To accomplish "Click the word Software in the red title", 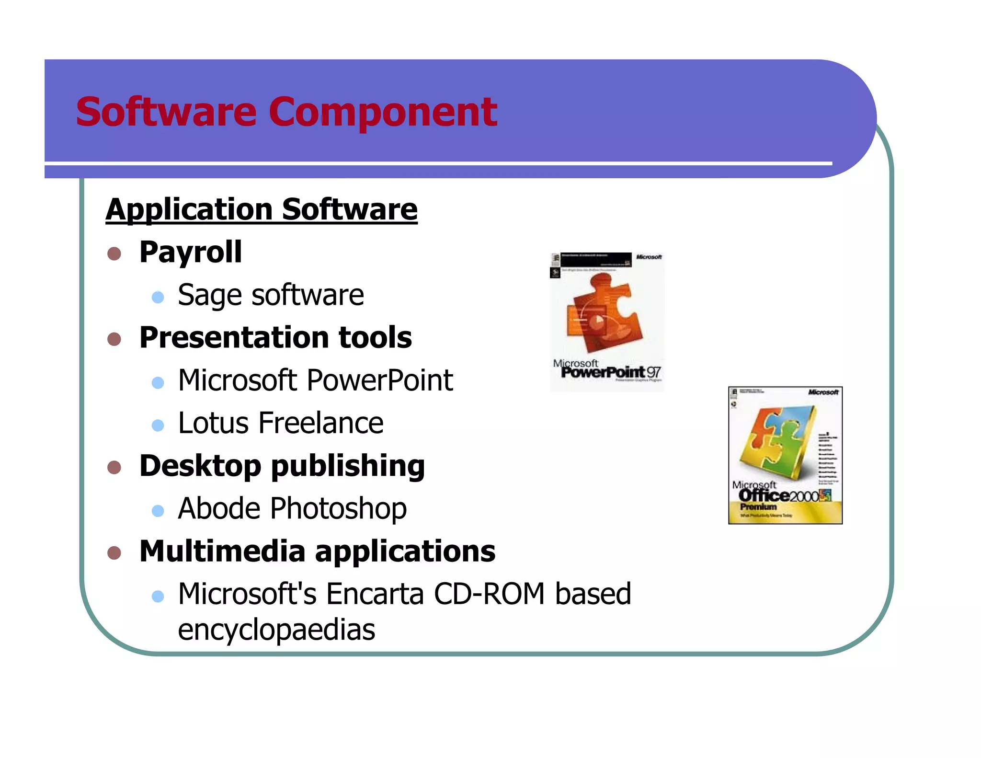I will tap(166, 112).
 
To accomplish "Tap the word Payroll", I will tap(190, 252).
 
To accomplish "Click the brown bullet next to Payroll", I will tap(114, 253).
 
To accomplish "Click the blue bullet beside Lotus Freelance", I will tap(158, 425).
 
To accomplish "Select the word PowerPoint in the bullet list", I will tap(379, 380).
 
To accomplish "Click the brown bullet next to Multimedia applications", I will tap(114, 553).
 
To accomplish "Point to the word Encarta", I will tap(375, 594).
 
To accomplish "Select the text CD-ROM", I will tap(489, 594).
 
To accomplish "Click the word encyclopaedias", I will tap(276, 630).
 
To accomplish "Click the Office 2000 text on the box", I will tap(778, 495).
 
